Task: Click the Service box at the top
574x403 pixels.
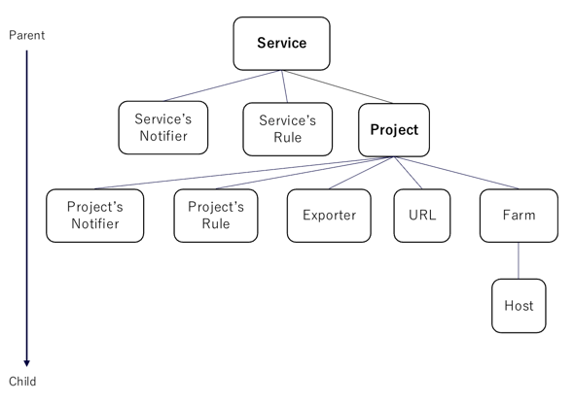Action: point(281,43)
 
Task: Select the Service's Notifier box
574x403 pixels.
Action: point(161,128)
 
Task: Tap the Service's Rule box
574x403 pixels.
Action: point(287,128)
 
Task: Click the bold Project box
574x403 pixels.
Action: point(394,129)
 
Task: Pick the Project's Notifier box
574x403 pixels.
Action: point(93,216)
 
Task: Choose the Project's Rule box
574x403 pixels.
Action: point(216,216)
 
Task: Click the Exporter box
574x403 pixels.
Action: point(329,216)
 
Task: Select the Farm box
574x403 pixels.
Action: point(518,216)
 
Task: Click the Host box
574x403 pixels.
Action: point(518,306)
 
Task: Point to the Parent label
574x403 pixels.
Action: point(26,35)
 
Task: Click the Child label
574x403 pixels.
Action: point(22,382)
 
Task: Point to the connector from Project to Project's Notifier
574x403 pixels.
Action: point(233,173)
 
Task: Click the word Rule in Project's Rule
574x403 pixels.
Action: point(216,224)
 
